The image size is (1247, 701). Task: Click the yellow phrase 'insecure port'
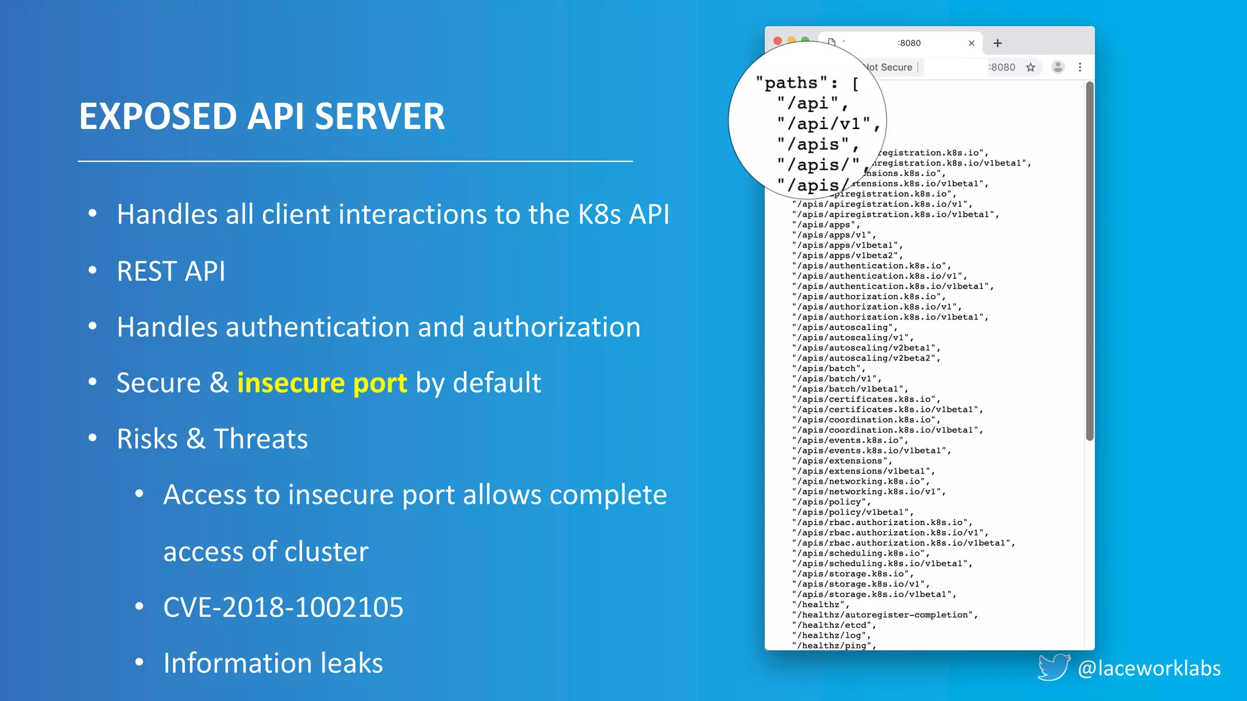(321, 383)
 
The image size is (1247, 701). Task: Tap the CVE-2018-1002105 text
(283, 607)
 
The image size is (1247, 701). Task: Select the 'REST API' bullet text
(170, 271)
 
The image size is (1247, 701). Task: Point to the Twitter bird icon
(1053, 667)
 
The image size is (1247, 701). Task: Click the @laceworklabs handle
(1149, 668)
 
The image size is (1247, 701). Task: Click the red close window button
(778, 41)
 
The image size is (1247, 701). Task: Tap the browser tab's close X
(971, 43)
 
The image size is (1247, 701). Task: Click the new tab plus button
(997, 43)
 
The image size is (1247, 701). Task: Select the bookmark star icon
(1030, 68)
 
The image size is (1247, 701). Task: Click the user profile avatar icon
(1058, 68)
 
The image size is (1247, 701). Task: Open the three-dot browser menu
(1080, 68)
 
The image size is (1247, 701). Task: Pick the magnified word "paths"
(790, 83)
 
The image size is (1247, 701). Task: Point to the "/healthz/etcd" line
(834, 626)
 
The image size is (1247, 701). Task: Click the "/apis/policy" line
(831, 502)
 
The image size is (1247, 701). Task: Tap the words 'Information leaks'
(273, 663)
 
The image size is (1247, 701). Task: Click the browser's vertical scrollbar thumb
(1089, 262)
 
